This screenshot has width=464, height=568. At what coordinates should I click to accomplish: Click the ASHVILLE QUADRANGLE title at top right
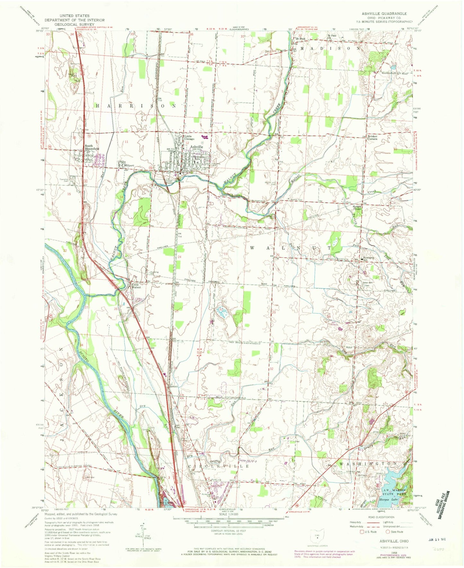(x=384, y=14)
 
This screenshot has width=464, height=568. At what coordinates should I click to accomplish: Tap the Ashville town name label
(x=196, y=147)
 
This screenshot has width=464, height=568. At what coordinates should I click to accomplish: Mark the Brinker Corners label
(x=372, y=138)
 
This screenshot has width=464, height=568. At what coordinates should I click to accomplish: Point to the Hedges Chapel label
(x=357, y=208)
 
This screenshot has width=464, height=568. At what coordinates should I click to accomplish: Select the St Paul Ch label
(x=331, y=37)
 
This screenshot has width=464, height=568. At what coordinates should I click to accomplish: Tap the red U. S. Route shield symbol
(x=361, y=532)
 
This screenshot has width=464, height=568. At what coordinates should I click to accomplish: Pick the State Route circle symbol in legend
(x=388, y=532)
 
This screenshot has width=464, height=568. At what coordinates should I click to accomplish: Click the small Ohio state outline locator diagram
(x=317, y=536)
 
